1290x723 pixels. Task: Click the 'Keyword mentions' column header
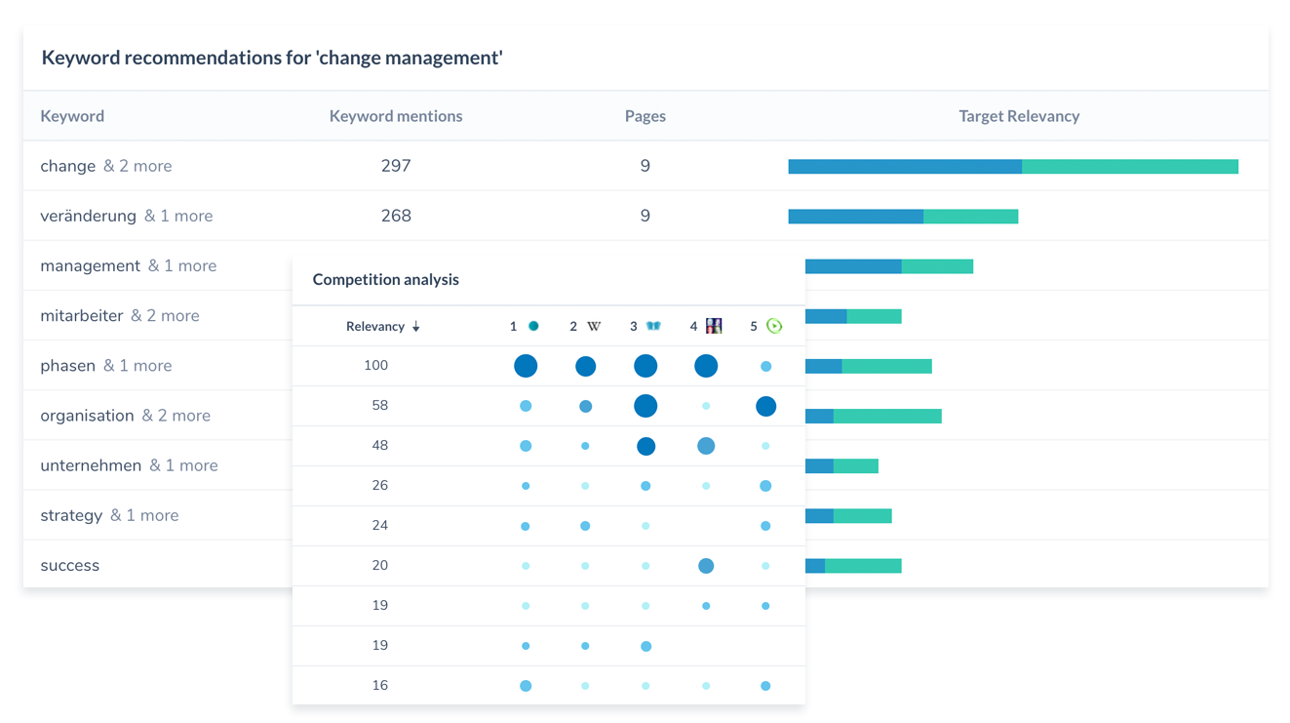click(396, 116)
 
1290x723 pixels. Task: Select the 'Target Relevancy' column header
click(1019, 116)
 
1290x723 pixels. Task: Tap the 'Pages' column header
click(645, 116)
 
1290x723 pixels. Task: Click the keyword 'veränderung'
click(88, 216)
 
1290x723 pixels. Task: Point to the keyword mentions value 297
click(396, 166)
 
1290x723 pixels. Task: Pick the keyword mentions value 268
click(396, 216)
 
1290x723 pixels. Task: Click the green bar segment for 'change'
click(1129, 167)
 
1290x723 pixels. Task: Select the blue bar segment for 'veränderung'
click(855, 217)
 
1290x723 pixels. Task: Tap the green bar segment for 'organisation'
click(887, 417)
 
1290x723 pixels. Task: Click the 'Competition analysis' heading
click(385, 279)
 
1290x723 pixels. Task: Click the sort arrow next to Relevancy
click(416, 327)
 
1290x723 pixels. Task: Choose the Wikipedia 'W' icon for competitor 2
click(593, 326)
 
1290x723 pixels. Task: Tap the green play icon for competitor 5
click(774, 326)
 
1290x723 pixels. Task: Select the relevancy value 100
click(375, 365)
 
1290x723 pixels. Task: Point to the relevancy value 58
click(379, 405)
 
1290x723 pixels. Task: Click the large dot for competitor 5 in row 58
click(765, 406)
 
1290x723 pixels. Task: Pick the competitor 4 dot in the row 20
click(706, 565)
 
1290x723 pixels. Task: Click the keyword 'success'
click(69, 565)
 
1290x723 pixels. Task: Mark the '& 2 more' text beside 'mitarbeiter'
click(165, 315)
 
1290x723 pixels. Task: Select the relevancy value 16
click(379, 685)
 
